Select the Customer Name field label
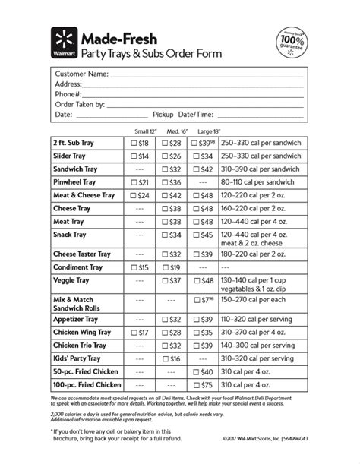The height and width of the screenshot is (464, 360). pos(81,74)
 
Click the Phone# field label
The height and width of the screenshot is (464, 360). pos(73,94)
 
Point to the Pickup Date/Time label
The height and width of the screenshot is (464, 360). pos(182,114)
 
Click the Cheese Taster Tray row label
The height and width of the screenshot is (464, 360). pos(82,254)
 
